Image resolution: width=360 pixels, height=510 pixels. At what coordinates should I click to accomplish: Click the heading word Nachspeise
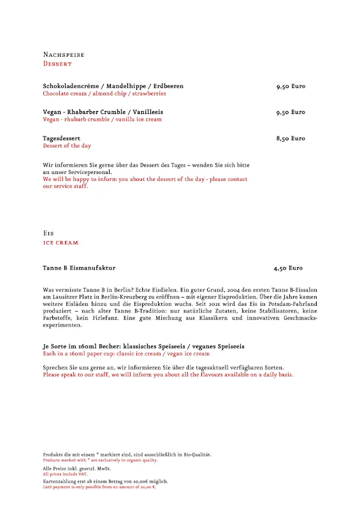click(x=64, y=55)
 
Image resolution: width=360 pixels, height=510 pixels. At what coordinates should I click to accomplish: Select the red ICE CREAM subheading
click(x=61, y=243)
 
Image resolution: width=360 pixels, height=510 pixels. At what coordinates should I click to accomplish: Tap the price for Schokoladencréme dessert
click(x=291, y=86)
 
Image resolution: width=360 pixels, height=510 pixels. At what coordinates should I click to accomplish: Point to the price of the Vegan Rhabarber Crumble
click(x=291, y=112)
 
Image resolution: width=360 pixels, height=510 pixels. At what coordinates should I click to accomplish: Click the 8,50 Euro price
click(x=291, y=138)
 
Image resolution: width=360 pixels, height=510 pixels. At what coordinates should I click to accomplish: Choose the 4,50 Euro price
click(x=288, y=268)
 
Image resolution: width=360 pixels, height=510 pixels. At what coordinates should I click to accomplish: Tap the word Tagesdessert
click(x=62, y=138)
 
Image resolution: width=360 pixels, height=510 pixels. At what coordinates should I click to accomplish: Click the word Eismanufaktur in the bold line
click(x=94, y=268)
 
